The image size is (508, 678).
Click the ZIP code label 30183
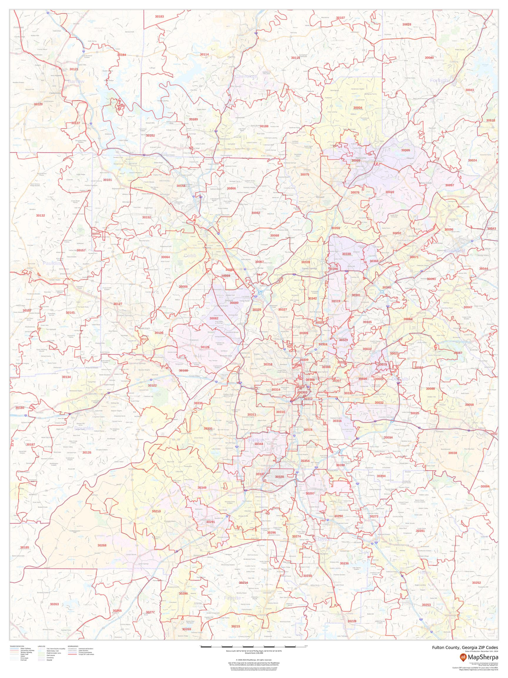click(x=159, y=16)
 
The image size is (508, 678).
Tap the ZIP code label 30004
click(x=358, y=108)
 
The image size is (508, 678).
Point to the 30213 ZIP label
click(x=156, y=520)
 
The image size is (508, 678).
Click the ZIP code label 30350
click(x=335, y=228)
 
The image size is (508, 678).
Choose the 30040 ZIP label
click(x=429, y=58)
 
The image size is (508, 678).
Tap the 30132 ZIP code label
click(x=40, y=215)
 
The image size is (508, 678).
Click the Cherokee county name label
click(x=246, y=77)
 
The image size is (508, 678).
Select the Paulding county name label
click(x=52, y=263)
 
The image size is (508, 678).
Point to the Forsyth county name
click(x=439, y=80)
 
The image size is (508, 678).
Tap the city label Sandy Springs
click(x=310, y=268)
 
